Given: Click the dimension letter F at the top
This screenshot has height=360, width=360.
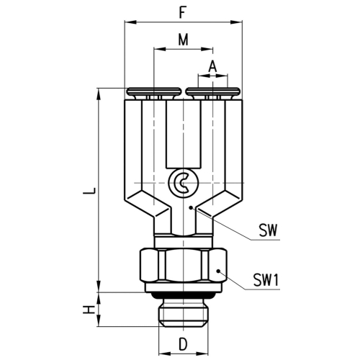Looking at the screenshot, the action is pyautogui.click(x=183, y=13).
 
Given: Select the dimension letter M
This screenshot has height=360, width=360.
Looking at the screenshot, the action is pyautogui.click(x=184, y=40).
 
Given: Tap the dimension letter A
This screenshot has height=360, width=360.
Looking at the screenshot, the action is pyautogui.click(x=212, y=66).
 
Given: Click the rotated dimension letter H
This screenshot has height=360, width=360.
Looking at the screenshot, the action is pyautogui.click(x=89, y=310).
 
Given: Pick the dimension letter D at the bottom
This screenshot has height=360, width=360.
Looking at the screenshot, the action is pyautogui.click(x=183, y=344).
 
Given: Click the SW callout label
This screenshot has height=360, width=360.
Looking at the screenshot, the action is pyautogui.click(x=268, y=230).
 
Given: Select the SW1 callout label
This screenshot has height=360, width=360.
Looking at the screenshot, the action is pyautogui.click(x=266, y=280).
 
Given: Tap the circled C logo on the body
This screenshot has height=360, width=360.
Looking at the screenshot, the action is pyautogui.click(x=184, y=183).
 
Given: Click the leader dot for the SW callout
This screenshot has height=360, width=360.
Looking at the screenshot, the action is pyautogui.click(x=191, y=207).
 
